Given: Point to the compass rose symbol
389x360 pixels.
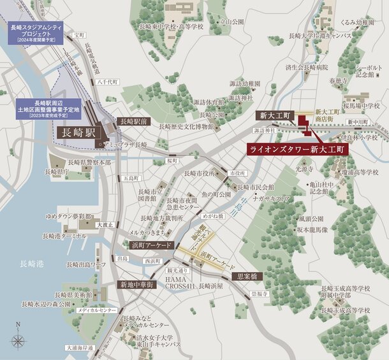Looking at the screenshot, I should tap(17, 340).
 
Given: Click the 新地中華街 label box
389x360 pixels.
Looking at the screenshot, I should tap(136, 284).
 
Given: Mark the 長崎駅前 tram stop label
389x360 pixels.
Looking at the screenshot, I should tap(133, 120).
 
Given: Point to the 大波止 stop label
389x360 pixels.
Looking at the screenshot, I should tap(105, 224).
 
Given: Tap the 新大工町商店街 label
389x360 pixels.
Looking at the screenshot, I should tap(328, 115).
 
